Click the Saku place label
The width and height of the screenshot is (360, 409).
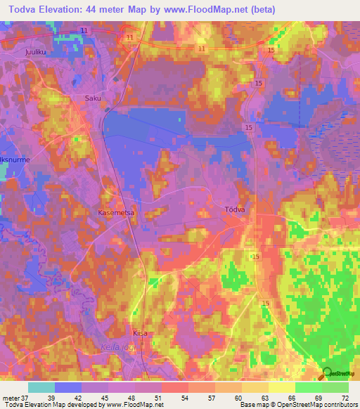coord(93,98)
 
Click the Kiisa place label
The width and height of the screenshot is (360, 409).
coord(140,333)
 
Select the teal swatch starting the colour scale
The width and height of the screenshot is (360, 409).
coord(41,387)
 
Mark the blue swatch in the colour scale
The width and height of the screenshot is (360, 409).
coord(68,387)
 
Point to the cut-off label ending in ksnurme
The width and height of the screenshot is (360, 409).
coord(15,160)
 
